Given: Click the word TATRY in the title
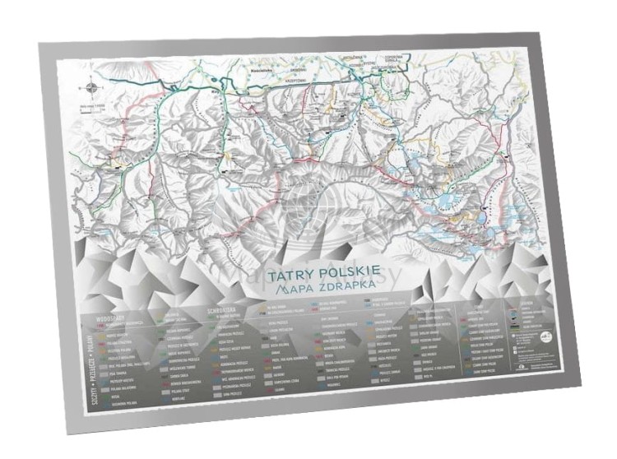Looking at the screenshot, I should coord(305,272).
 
